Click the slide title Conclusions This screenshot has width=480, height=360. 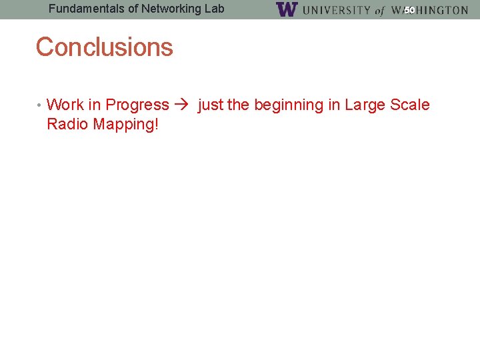pyautogui.click(x=104, y=47)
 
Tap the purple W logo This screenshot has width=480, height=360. pyautogui.click(x=286, y=9)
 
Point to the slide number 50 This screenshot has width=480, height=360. pyautogui.click(x=409, y=10)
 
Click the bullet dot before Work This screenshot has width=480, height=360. pyautogui.click(x=40, y=105)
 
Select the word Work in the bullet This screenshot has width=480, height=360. pyautogui.click(x=65, y=105)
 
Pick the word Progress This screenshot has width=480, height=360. pyautogui.click(x=137, y=105)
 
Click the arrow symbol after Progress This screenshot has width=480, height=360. pyautogui.click(x=182, y=105)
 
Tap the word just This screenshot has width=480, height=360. pyautogui.click(x=210, y=105)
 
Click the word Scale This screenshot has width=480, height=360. pyautogui.click(x=410, y=105)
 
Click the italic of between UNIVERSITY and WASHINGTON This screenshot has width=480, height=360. pyautogui.click(x=379, y=11)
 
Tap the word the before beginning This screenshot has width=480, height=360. pyautogui.click(x=238, y=105)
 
